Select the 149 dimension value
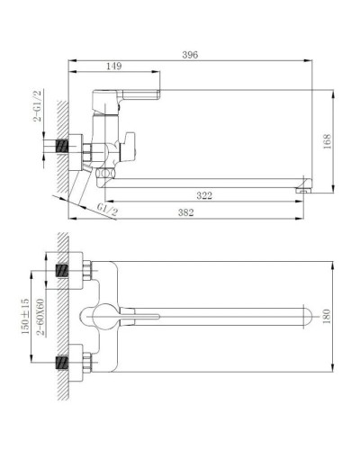(x=114, y=66)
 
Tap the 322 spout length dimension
(x=205, y=195)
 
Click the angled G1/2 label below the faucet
(x=108, y=210)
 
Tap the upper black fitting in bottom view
(x=64, y=270)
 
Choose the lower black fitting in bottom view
(x=64, y=363)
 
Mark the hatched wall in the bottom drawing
(x=63, y=315)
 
